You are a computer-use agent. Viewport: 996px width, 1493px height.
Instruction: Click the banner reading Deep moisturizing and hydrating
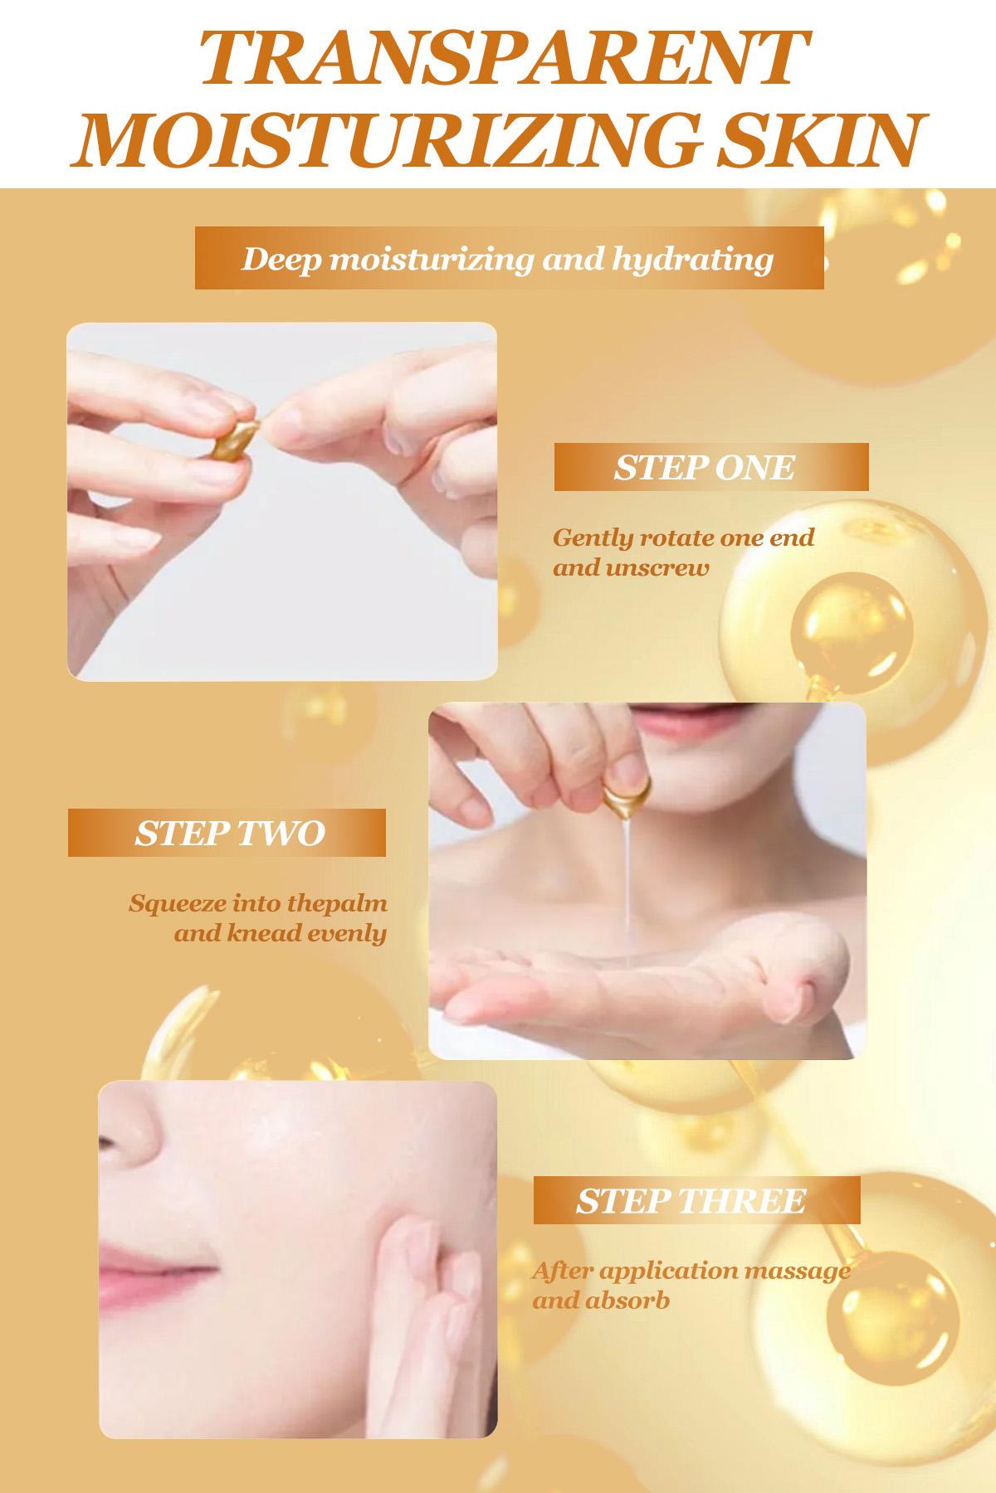click(x=509, y=258)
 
